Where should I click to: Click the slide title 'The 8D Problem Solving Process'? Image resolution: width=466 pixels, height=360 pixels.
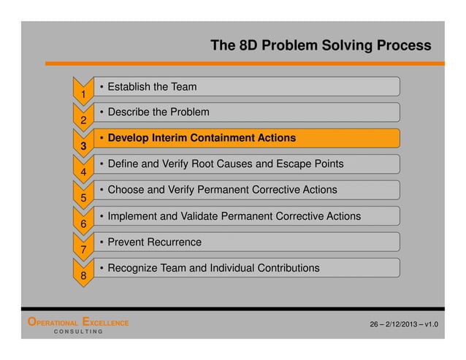321,46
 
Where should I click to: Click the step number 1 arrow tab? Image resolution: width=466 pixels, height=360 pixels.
84,93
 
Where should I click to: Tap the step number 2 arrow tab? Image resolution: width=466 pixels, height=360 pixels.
84,118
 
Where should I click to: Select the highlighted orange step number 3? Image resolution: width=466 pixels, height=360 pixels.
84,145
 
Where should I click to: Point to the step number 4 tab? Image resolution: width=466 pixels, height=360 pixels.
84,171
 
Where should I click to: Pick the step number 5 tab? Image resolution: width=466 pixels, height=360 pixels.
84,196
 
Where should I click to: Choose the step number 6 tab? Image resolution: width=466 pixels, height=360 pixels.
84,223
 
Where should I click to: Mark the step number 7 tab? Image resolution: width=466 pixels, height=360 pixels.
84,248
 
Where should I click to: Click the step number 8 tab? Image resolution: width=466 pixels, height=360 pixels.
84,275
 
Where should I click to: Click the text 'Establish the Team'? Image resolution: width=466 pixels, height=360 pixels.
152,87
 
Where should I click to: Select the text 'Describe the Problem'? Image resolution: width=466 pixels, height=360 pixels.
158,112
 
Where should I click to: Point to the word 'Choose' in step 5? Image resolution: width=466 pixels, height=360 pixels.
125,190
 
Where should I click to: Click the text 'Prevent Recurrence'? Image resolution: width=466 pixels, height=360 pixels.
154,242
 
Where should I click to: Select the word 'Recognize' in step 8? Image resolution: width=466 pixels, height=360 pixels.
133,268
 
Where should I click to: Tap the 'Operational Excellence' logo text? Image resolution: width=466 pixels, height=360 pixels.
78,322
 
